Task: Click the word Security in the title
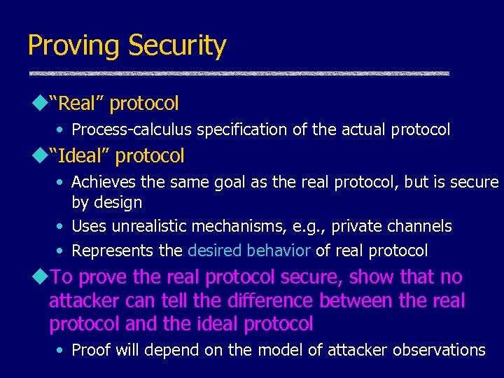(176, 46)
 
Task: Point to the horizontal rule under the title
(238, 73)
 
